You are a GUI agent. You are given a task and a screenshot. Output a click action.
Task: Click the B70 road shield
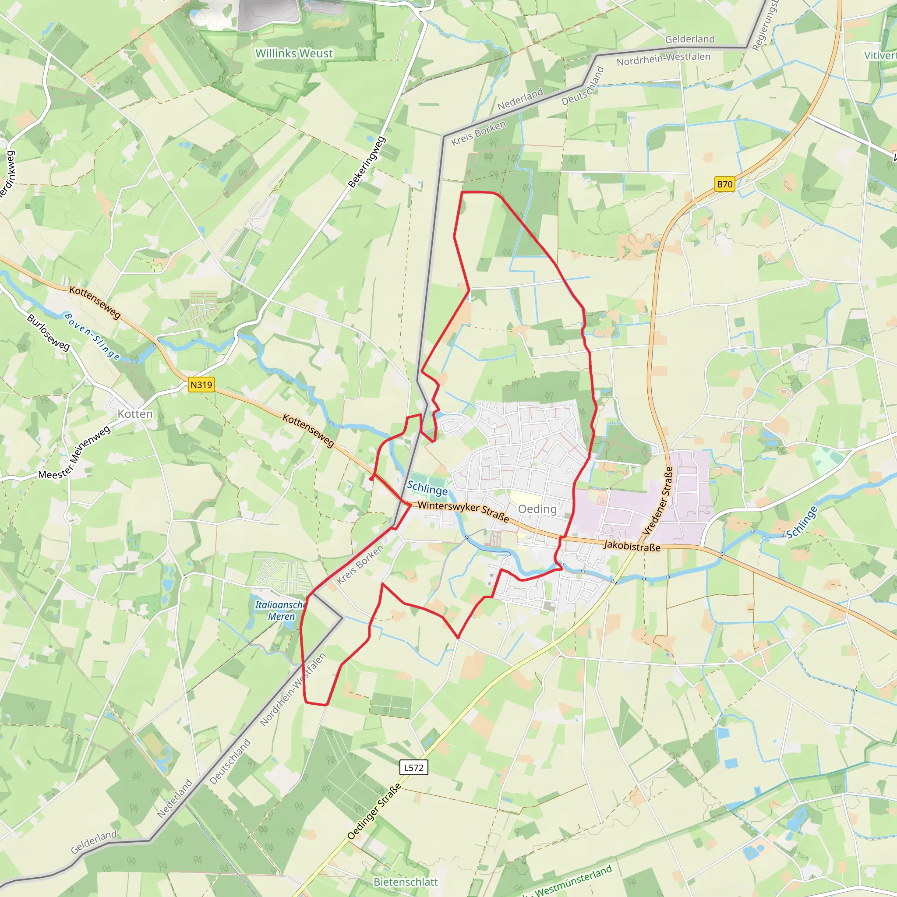(724, 184)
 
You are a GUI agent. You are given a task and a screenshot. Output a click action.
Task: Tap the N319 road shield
(201, 385)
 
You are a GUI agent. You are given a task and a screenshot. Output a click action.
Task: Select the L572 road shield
(413, 767)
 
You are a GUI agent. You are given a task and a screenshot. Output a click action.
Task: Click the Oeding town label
(537, 509)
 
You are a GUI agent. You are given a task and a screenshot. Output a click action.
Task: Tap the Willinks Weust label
(294, 53)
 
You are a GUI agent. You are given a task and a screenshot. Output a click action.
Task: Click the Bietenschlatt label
(405, 882)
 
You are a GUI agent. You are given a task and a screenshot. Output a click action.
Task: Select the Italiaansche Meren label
(280, 611)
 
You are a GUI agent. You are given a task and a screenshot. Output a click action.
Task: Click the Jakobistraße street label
(632, 546)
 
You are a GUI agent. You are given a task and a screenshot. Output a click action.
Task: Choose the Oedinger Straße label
(374, 812)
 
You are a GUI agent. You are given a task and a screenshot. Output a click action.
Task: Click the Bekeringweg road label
(367, 162)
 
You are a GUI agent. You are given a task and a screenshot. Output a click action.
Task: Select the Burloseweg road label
(48, 332)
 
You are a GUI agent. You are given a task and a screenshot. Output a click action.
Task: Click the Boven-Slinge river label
(92, 336)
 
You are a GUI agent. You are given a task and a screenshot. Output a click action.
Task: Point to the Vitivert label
(880, 55)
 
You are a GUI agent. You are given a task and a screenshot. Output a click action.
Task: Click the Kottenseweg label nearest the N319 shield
(308, 431)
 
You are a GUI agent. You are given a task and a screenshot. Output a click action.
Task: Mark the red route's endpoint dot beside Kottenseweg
(371, 478)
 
